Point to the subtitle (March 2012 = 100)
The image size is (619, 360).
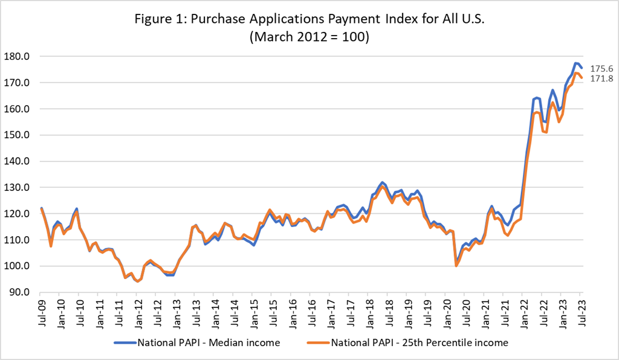(x=309, y=36)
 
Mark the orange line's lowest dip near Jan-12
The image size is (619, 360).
(x=138, y=281)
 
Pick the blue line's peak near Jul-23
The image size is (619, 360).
(x=576, y=63)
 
